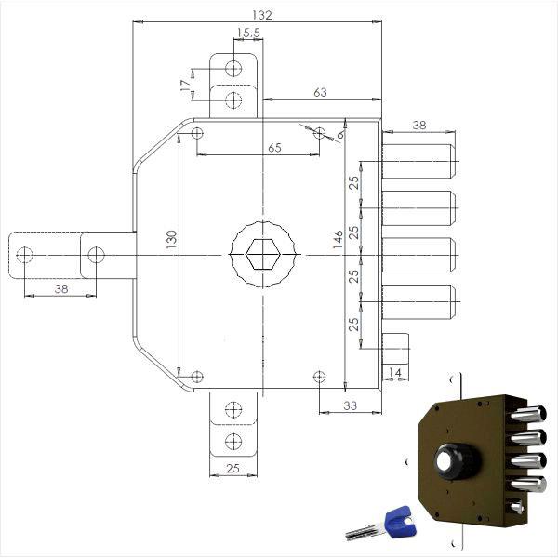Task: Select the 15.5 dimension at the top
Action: point(246,33)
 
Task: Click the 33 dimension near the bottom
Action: point(351,405)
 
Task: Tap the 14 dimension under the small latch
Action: point(395,372)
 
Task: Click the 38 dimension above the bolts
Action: point(418,125)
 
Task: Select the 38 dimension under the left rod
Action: point(60,289)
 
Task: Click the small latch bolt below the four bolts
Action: point(395,349)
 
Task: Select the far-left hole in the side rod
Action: point(26,254)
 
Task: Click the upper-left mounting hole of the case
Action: point(196,134)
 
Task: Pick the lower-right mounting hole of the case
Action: point(320,376)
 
